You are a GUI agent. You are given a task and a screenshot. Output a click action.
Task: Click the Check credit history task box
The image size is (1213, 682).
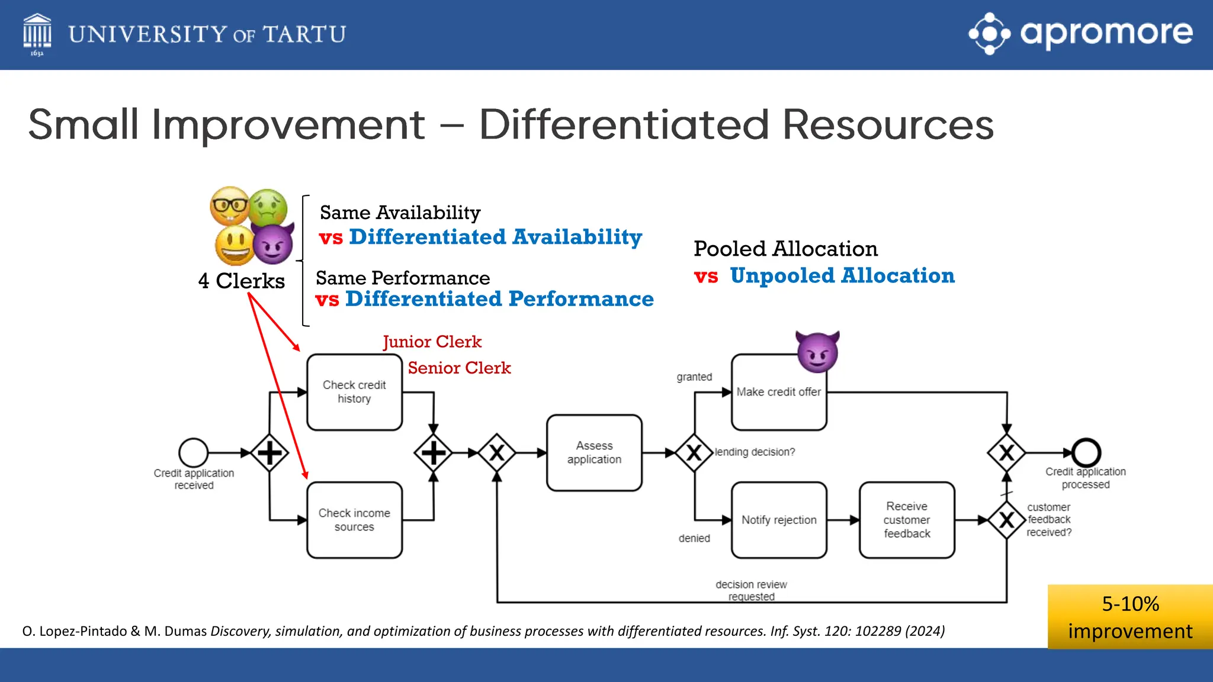[x=354, y=392]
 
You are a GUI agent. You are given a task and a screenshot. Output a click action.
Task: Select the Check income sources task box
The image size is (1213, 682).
[x=354, y=520]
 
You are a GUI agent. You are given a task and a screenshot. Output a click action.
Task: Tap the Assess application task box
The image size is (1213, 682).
[x=594, y=452]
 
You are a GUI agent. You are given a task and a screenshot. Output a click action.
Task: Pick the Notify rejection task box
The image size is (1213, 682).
[x=778, y=520]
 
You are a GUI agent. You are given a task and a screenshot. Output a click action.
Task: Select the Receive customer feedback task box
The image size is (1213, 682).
[x=906, y=520]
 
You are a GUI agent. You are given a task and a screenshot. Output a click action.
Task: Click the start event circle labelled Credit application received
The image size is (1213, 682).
[x=194, y=453]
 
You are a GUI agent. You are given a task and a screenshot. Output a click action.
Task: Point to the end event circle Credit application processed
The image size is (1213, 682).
[x=1086, y=453]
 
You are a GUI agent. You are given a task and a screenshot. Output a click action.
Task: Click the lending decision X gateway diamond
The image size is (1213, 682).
[x=694, y=453]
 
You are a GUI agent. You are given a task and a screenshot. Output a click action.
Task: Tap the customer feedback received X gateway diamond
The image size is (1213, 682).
[x=1006, y=520]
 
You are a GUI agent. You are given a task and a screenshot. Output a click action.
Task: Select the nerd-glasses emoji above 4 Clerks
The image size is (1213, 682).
[x=230, y=205]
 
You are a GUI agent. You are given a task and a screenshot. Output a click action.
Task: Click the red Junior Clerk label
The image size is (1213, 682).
[x=432, y=342]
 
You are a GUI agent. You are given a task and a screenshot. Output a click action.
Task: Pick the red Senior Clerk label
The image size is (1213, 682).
[x=459, y=368]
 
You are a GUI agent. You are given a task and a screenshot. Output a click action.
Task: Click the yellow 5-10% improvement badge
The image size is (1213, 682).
[x=1129, y=617]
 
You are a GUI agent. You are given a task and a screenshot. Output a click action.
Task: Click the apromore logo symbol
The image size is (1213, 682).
[x=989, y=34]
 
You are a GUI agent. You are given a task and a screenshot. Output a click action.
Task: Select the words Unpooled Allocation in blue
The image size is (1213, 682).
[x=842, y=276]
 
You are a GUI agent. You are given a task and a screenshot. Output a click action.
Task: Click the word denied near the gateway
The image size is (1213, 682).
[x=694, y=538]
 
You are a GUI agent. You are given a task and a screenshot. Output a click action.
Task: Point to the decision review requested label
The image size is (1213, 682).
[x=751, y=590]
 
